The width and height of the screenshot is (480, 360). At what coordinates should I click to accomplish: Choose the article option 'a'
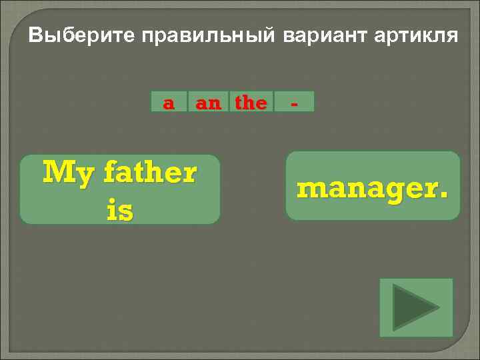click(169, 103)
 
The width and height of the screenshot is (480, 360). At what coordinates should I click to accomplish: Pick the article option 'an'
click(207, 103)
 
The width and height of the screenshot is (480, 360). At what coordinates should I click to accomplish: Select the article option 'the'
click(251, 103)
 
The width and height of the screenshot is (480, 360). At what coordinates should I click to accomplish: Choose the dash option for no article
click(293, 103)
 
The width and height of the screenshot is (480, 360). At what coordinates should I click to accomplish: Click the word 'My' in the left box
click(63, 173)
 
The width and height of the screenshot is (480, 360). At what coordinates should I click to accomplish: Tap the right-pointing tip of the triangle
click(438, 307)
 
